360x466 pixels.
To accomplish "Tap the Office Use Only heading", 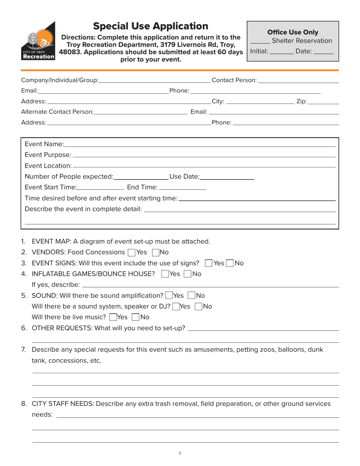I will coord(293,32).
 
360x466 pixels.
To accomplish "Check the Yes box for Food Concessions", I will coord(131,252).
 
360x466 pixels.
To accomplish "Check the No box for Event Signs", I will coord(230,263).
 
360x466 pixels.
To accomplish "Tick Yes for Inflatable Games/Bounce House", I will coord(165,274).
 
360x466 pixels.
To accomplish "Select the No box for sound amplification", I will coord(191,296).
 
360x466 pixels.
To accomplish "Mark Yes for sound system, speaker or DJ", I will coord(176,306).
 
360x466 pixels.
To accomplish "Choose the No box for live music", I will coord(136,317).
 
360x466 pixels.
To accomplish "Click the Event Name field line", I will coord(200,145).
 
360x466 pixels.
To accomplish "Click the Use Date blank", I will coord(227,177).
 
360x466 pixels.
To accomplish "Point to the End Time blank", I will coord(182,188).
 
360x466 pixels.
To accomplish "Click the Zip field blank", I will coord(324,102).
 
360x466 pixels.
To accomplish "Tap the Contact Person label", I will coord(234,80).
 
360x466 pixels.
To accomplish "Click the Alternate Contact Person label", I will coord(57,112).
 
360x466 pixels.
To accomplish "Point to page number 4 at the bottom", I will coord(180,453).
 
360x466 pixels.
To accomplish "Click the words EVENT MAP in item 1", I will coord(48,242).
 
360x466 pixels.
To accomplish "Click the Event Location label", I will coord(48,166).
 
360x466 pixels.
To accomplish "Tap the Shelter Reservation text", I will coord(302,41).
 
